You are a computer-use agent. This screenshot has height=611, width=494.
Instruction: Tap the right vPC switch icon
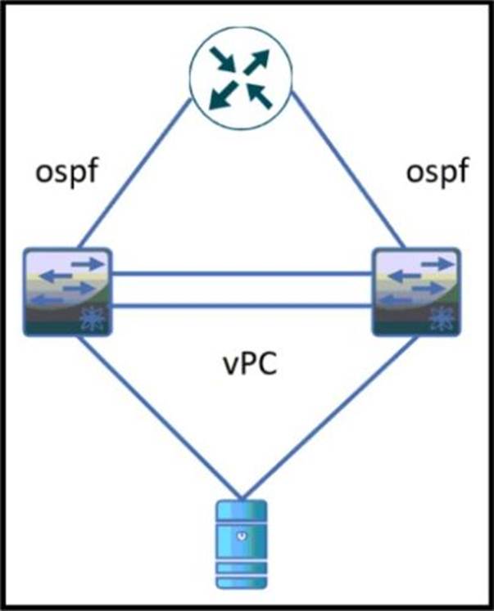tap(415, 291)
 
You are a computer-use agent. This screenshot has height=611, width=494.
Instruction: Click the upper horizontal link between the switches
tap(242, 276)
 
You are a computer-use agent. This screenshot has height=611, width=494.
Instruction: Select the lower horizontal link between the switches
tap(242, 307)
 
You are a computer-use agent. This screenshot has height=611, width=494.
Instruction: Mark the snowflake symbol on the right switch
tap(442, 320)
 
